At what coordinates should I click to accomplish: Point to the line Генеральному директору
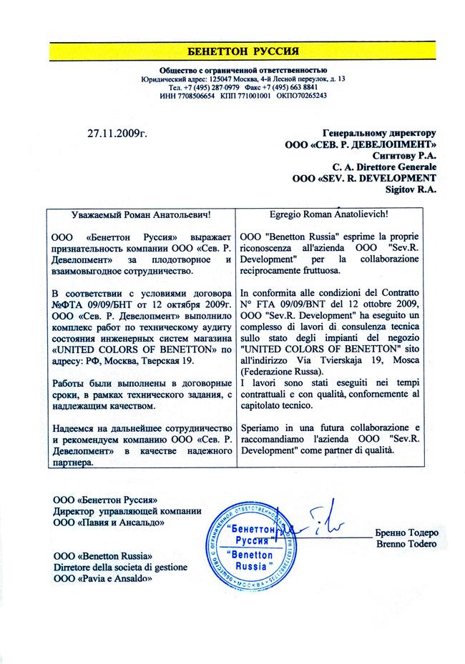coord(379,133)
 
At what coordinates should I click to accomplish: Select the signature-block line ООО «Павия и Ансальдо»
coord(108,522)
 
